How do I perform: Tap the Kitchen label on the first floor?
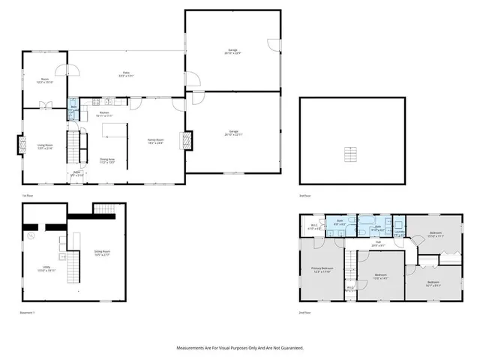pyautogui.click(x=104, y=115)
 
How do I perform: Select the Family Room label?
pyautogui.click(x=156, y=141)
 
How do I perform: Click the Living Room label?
pyautogui.click(x=45, y=146)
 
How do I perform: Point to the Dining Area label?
pyautogui.click(x=107, y=160)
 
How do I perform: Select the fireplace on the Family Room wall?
pyautogui.click(x=184, y=140)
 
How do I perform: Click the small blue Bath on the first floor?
pyautogui.click(x=73, y=108)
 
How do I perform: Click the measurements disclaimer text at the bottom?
pyautogui.click(x=239, y=348)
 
